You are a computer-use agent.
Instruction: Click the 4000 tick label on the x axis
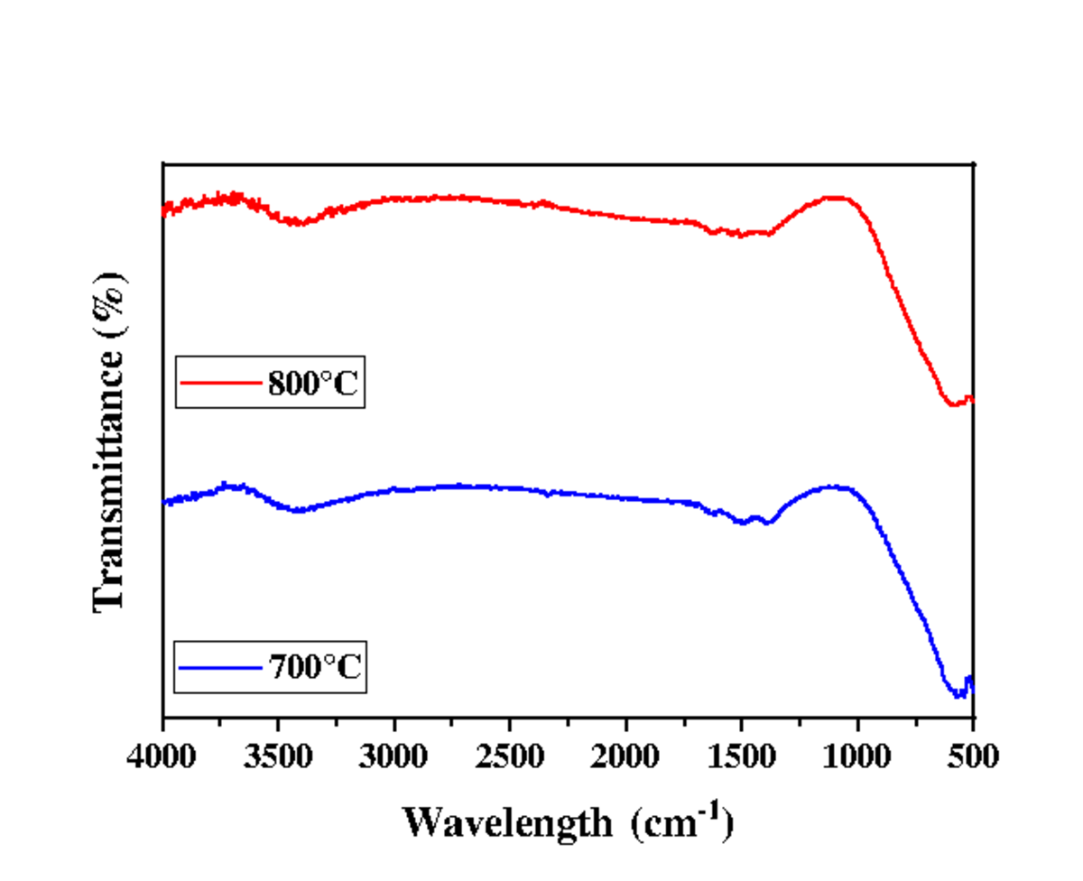(162, 754)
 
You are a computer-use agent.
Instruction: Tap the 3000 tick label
(394, 754)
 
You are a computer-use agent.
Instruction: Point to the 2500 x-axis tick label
(510, 754)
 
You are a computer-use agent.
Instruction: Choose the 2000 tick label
(625, 754)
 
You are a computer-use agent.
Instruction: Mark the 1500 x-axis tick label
(741, 754)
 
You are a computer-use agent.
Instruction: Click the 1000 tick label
(857, 754)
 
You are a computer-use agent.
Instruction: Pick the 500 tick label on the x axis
(973, 754)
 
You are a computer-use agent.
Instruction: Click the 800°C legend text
(314, 386)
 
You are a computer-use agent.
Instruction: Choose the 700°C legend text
(314, 669)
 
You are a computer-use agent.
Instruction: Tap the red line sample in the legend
(219, 382)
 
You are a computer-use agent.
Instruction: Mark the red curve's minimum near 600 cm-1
(953, 404)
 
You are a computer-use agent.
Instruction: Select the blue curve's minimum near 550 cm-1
(958, 696)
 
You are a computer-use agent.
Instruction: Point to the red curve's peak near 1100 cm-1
(835, 197)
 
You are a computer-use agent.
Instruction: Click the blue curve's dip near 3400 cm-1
(298, 511)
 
